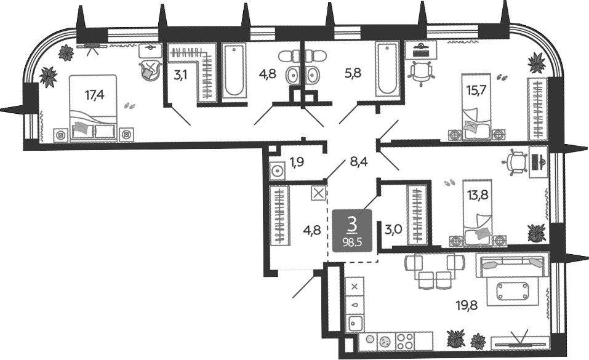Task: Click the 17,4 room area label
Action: pyautogui.click(x=94, y=95)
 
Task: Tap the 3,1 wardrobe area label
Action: pyautogui.click(x=180, y=75)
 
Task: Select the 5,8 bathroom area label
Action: pyautogui.click(x=353, y=73)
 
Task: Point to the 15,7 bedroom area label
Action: pyautogui.click(x=476, y=90)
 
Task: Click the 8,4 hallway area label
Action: pyautogui.click(x=359, y=162)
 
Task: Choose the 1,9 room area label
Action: pyautogui.click(x=297, y=162)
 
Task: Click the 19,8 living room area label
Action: pyautogui.click(x=467, y=306)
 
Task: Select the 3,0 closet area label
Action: pyautogui.click(x=394, y=229)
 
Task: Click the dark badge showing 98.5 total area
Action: pyautogui.click(x=352, y=230)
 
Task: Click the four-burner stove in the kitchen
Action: pyautogui.click(x=405, y=341)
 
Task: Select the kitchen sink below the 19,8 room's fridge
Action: pyautogui.click(x=355, y=323)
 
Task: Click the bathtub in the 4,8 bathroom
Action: pyautogui.click(x=234, y=70)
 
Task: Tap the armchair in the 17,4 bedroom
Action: pyautogui.click(x=150, y=70)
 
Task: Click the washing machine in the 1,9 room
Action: pyautogui.click(x=277, y=171)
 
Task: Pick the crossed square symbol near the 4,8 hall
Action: pyautogui.click(x=318, y=194)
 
